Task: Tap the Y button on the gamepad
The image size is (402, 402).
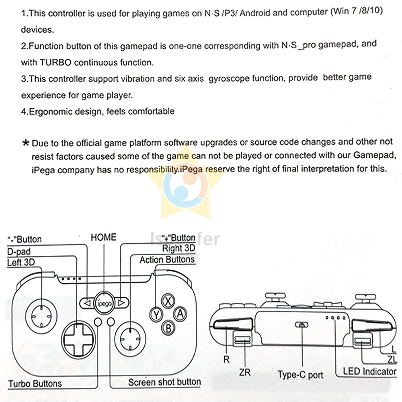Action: coord(156,315)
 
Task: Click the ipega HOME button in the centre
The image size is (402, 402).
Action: coord(103,302)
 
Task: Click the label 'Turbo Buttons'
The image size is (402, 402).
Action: coord(35,384)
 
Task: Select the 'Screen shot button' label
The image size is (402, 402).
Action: coord(164,382)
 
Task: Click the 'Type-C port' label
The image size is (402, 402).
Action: coord(300,375)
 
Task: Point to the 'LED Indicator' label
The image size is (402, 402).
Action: coord(369,371)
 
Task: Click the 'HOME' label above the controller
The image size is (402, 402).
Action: coord(103,237)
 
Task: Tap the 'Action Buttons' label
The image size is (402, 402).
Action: coord(167,260)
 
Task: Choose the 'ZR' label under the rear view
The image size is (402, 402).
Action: coord(244,372)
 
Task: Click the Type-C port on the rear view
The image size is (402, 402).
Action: coord(301,325)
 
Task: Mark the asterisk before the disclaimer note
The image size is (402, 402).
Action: coord(26,143)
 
